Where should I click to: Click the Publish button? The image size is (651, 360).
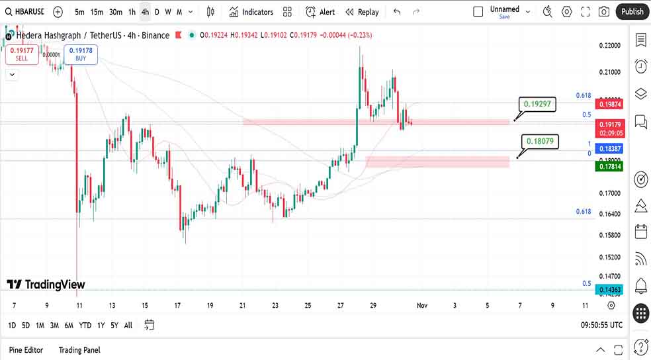[x=632, y=11]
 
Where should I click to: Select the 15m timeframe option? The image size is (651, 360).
[x=97, y=12]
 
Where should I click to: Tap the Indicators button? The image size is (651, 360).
[x=251, y=12]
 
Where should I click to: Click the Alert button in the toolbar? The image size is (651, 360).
[x=320, y=12]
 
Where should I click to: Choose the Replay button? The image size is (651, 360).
[x=362, y=12]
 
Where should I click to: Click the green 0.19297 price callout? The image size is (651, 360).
[x=537, y=104]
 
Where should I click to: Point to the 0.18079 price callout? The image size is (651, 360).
[x=541, y=140]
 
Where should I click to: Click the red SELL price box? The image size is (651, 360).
[x=22, y=54]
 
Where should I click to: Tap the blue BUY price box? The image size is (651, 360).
[x=81, y=54]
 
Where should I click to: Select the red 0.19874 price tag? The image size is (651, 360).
[x=609, y=104]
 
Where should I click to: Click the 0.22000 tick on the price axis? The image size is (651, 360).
[x=609, y=45]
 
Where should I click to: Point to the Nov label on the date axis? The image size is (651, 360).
[x=421, y=305]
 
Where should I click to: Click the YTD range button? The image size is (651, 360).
[x=85, y=325]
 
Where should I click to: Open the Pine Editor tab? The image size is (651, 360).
[x=26, y=349]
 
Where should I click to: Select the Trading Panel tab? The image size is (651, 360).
[x=79, y=349]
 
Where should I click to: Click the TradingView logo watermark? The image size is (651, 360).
[x=46, y=285]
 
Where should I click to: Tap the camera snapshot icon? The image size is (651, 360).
[x=603, y=12]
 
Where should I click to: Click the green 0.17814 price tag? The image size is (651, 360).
[x=609, y=167]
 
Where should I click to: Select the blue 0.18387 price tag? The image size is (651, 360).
[x=609, y=149]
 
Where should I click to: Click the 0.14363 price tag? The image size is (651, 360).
[x=609, y=290]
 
